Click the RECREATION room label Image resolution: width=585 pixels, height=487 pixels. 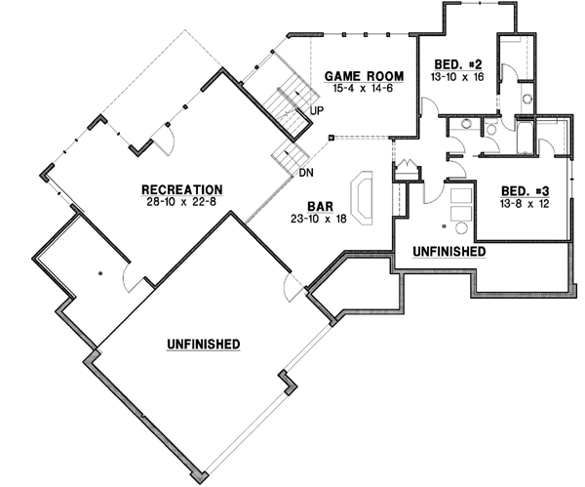[182, 189]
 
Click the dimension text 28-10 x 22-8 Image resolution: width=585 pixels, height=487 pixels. [182, 202]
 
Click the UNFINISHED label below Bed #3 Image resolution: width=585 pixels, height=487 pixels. [449, 251]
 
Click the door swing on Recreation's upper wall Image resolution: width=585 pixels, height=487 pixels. [165, 142]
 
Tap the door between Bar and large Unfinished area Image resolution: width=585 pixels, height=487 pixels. [291, 288]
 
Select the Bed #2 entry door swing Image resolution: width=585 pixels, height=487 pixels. [429, 108]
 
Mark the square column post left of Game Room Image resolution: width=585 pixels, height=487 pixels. [331, 138]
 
